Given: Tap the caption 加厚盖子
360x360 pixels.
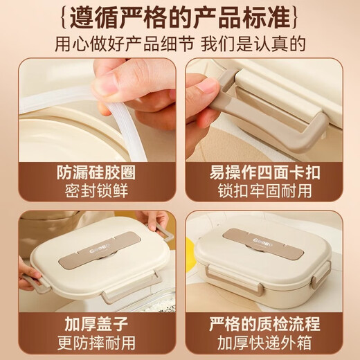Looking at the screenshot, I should [x=91, y=323].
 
